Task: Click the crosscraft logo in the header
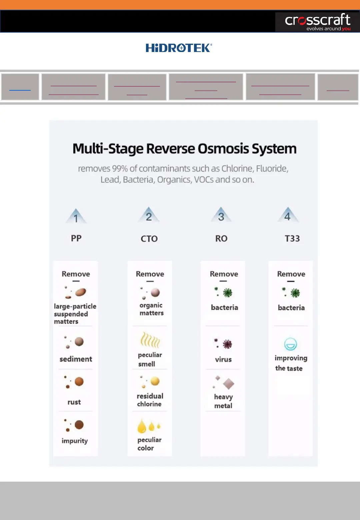coord(317,22)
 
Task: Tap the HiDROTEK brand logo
coord(179,48)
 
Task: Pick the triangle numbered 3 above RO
coord(221,215)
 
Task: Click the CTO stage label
coord(149,239)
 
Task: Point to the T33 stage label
coord(292,239)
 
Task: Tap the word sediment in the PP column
coord(76,359)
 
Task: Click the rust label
coord(74,402)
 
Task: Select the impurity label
coord(75,441)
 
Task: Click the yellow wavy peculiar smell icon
coord(150,340)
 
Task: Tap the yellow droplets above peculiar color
coord(149,426)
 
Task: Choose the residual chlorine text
coord(150,400)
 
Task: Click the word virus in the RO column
coord(223,359)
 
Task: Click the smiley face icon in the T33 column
coord(290,344)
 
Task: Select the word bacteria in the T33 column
coord(291,308)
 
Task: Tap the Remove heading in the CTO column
coord(150,274)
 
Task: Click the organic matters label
coord(151,309)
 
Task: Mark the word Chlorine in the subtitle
coord(237,169)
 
